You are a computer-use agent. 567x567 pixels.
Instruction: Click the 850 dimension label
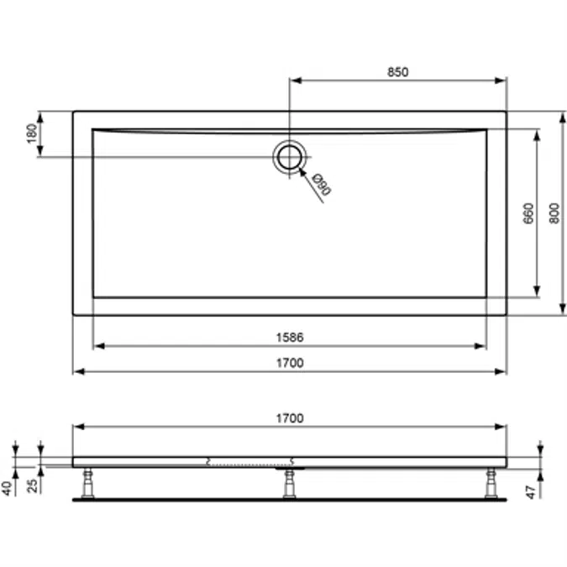[397, 71]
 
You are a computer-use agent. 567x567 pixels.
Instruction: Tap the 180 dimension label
[31, 134]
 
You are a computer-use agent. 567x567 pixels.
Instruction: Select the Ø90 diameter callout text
[322, 184]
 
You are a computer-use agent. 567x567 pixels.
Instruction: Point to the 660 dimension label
[528, 213]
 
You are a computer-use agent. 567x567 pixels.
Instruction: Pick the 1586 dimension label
[289, 337]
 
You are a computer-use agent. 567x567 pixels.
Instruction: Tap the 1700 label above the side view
[289, 417]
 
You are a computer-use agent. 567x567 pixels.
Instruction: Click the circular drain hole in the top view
[290, 156]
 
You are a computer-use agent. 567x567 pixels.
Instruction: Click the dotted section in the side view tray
[249, 461]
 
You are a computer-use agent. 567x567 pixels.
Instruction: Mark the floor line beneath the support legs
[289, 499]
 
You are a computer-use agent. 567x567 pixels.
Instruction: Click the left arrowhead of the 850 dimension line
[294, 81]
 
